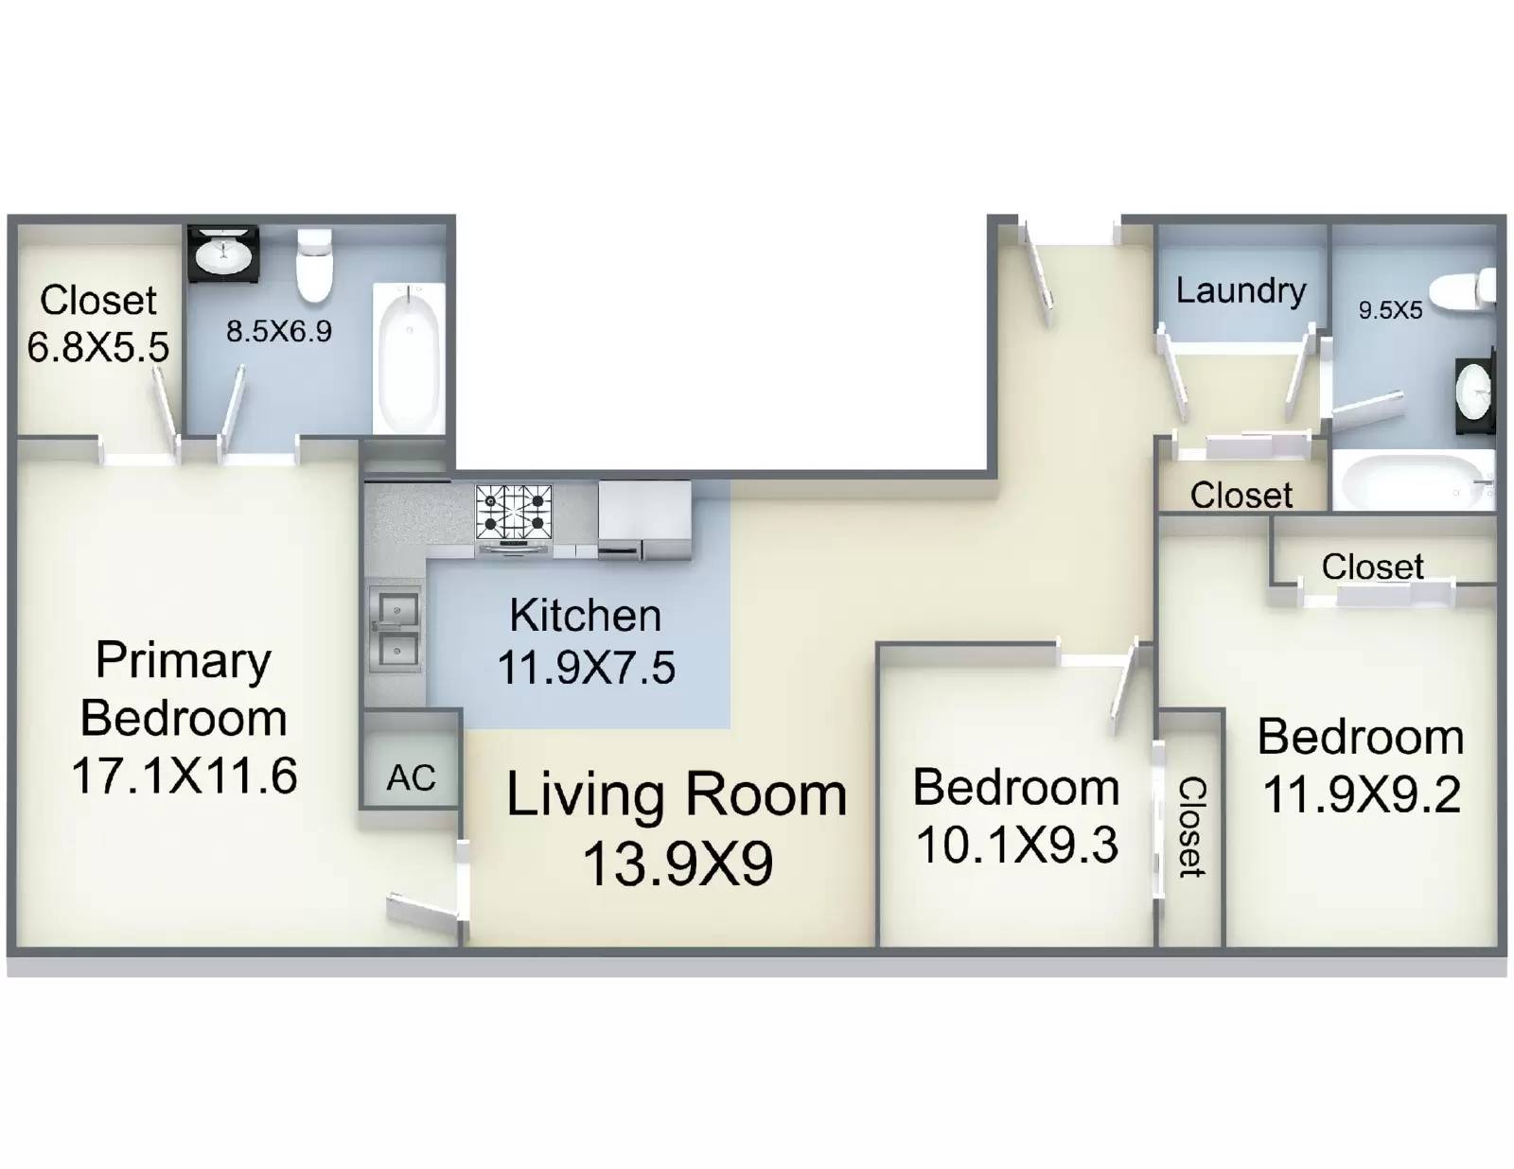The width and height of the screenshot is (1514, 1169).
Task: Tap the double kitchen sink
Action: click(x=396, y=630)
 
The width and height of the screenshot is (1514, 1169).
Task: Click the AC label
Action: click(x=411, y=777)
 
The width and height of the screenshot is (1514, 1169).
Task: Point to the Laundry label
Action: click(x=1241, y=291)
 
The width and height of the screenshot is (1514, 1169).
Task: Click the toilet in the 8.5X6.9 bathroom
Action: click(x=314, y=265)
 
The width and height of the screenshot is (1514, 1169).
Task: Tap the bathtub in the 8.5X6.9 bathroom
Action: click(x=409, y=358)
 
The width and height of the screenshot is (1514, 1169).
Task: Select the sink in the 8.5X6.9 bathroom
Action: click(x=223, y=253)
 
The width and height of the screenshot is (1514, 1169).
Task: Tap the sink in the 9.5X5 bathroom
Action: click(x=1474, y=392)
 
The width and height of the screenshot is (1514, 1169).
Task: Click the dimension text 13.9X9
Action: click(x=678, y=864)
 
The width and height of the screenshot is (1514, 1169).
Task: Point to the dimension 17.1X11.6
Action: click(x=185, y=776)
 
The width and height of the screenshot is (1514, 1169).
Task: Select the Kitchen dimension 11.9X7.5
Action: click(x=586, y=667)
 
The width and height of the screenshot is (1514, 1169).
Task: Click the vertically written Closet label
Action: click(x=1191, y=828)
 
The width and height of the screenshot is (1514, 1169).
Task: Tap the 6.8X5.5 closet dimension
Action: click(x=98, y=346)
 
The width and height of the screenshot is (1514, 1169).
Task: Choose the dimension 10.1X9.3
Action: click(x=1017, y=845)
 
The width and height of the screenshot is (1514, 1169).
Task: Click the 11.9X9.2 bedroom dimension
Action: click(x=1362, y=794)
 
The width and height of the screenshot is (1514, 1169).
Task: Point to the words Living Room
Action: click(x=677, y=794)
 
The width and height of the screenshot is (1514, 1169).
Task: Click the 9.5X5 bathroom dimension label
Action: click(x=1390, y=310)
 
